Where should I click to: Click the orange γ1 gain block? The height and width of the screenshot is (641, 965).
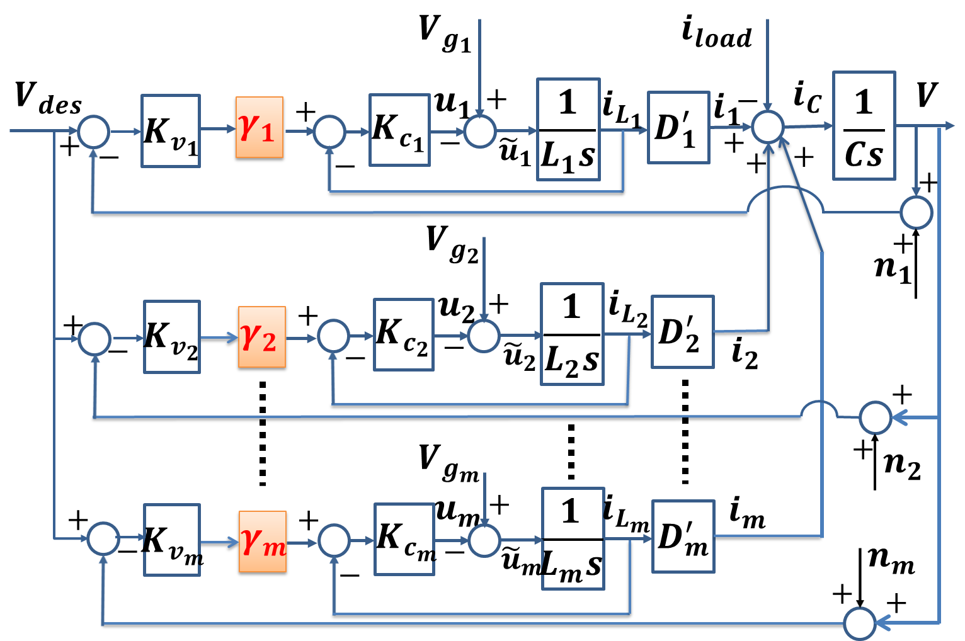pyautogui.click(x=259, y=128)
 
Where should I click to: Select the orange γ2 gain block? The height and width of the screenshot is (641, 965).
pyautogui.click(x=261, y=338)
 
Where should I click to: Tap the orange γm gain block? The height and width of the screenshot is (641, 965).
pyautogui.click(x=263, y=542)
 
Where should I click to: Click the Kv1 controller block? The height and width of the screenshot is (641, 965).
pyautogui.click(x=170, y=131)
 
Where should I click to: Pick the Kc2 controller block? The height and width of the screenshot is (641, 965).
pyautogui.click(x=403, y=334)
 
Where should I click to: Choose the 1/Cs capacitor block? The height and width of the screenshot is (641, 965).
pyautogui.click(x=864, y=125)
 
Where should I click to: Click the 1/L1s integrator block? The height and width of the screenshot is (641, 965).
pyautogui.click(x=568, y=129)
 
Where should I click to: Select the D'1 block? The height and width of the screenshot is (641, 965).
pyautogui.click(x=678, y=127)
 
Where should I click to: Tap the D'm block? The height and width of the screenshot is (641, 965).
pyautogui.click(x=683, y=536)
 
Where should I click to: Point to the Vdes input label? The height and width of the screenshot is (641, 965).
pyautogui.click(x=47, y=98)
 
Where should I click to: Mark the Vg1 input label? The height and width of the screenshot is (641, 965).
pyautogui.click(x=445, y=34)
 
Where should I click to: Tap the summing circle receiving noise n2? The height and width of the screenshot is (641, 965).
pyautogui.click(x=875, y=417)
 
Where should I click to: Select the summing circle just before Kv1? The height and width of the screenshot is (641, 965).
pyautogui.click(x=93, y=132)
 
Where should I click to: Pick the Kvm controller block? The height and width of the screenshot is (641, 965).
pyautogui.click(x=171, y=540)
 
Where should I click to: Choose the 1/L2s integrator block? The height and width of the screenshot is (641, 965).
pyautogui.click(x=572, y=334)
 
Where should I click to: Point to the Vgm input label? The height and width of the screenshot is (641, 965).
pyautogui.click(x=448, y=463)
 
